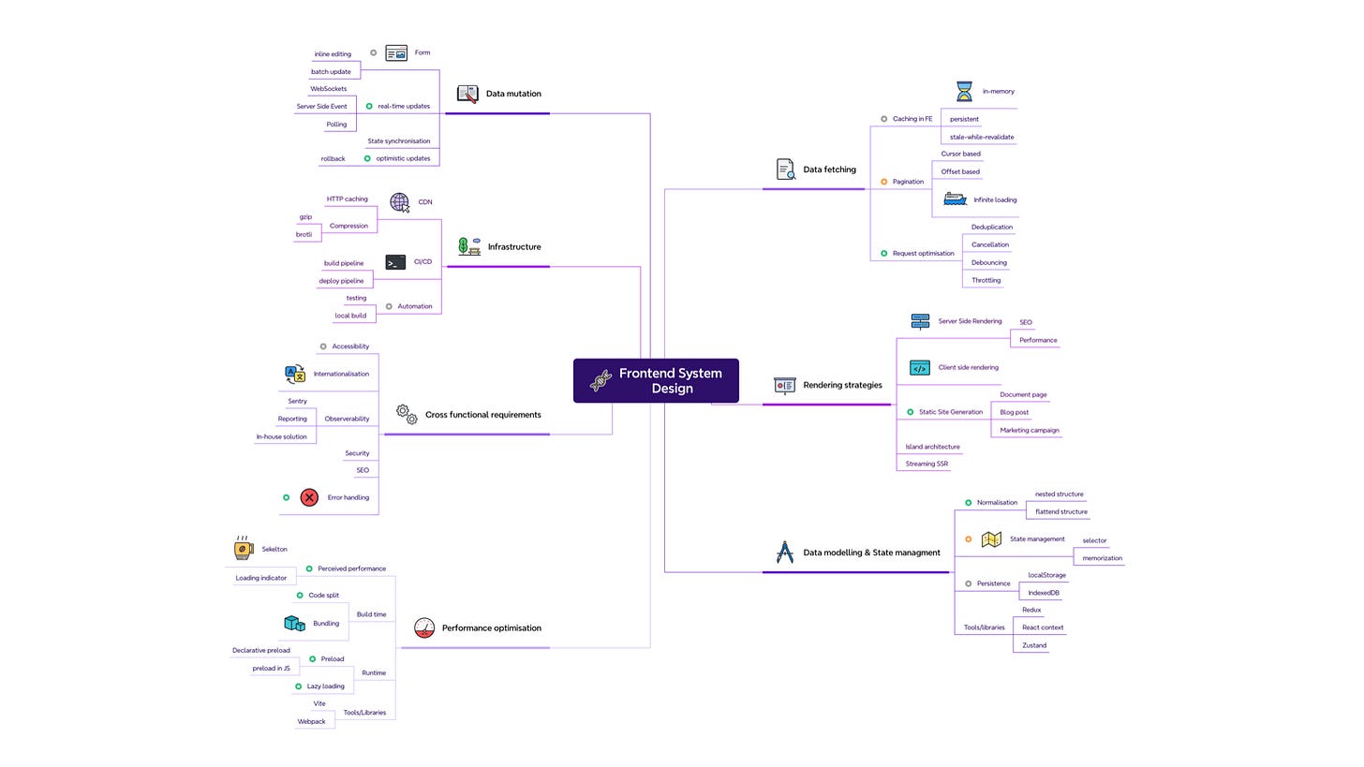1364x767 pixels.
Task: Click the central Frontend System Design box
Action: tap(656, 380)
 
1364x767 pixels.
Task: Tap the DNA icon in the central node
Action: tap(600, 380)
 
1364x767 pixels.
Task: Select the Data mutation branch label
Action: tap(513, 94)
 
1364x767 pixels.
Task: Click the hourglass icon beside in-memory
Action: tap(964, 91)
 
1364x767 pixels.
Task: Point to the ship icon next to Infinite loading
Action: tap(955, 199)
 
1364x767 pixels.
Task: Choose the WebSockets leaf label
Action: tap(328, 89)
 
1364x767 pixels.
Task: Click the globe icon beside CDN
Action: tap(400, 202)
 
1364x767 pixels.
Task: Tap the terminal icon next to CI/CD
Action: tap(396, 262)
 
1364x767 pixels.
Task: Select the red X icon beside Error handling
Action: tap(309, 497)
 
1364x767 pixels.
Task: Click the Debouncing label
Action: tap(988, 262)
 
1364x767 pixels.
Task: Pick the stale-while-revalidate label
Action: tap(982, 137)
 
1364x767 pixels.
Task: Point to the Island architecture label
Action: tap(932, 447)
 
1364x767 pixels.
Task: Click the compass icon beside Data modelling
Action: tap(785, 553)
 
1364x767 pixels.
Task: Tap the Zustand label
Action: tap(1034, 645)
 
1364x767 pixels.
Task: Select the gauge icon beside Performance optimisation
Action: tap(424, 628)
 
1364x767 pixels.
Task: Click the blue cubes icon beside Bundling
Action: tap(294, 623)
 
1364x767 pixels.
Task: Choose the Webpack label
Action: tap(311, 721)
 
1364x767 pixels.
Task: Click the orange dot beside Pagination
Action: tap(883, 182)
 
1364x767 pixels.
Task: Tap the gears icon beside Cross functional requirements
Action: tap(407, 414)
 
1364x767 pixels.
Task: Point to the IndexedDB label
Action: tap(1044, 593)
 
